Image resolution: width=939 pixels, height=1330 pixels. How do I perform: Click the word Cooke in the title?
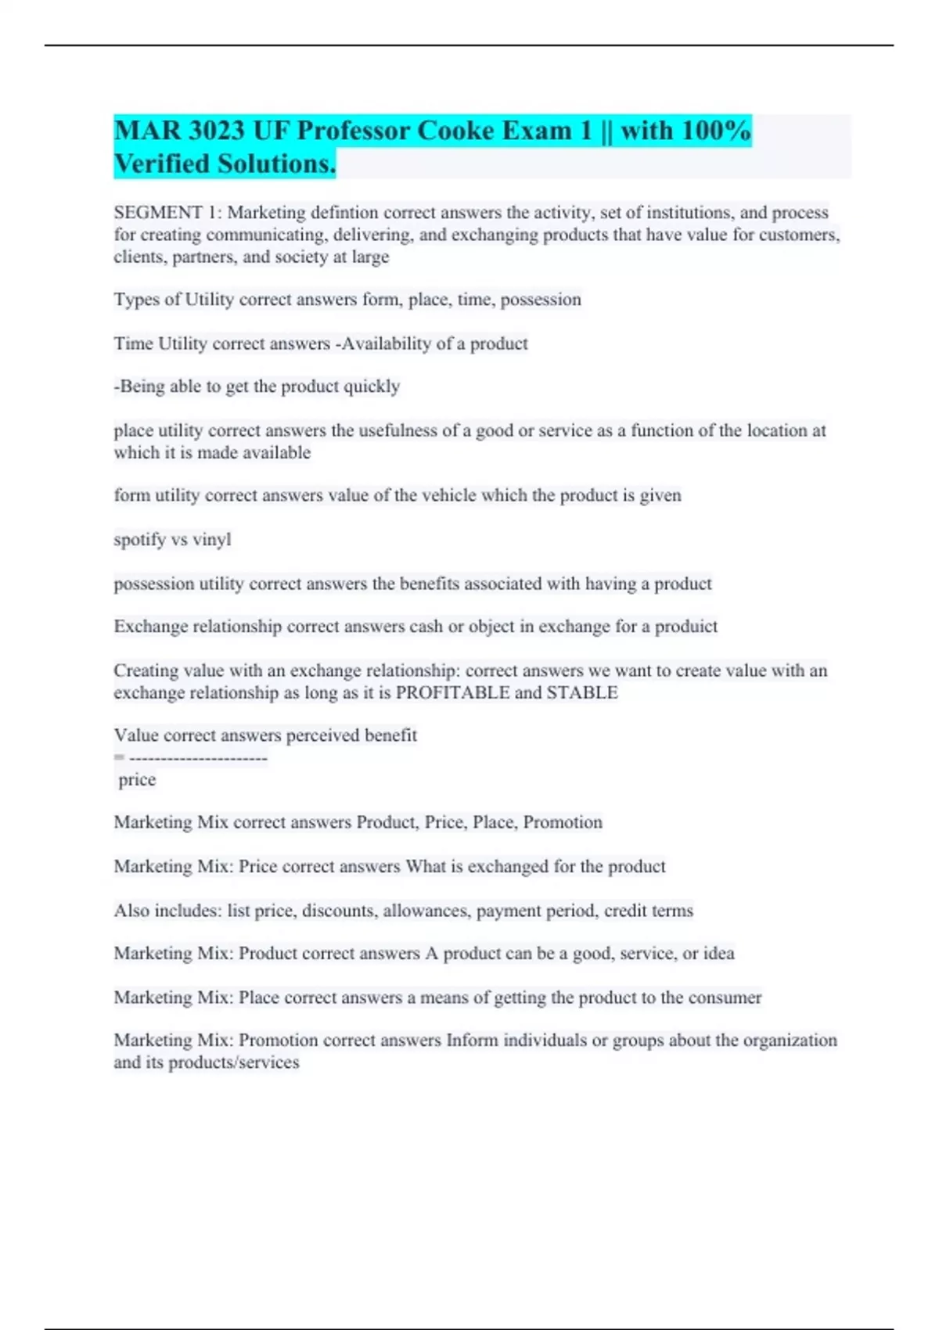pyautogui.click(x=455, y=130)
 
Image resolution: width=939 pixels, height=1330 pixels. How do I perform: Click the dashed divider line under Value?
pyautogui.click(x=198, y=758)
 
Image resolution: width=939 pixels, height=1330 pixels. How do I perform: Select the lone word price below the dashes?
pyautogui.click(x=137, y=780)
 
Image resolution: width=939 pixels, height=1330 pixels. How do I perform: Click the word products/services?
pyautogui.click(x=234, y=1062)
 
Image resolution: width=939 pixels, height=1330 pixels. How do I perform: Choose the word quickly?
pyautogui.click(x=372, y=386)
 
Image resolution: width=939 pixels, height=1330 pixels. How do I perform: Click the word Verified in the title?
pyautogui.click(x=162, y=164)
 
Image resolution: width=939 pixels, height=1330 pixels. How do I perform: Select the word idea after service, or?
pyautogui.click(x=718, y=954)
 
